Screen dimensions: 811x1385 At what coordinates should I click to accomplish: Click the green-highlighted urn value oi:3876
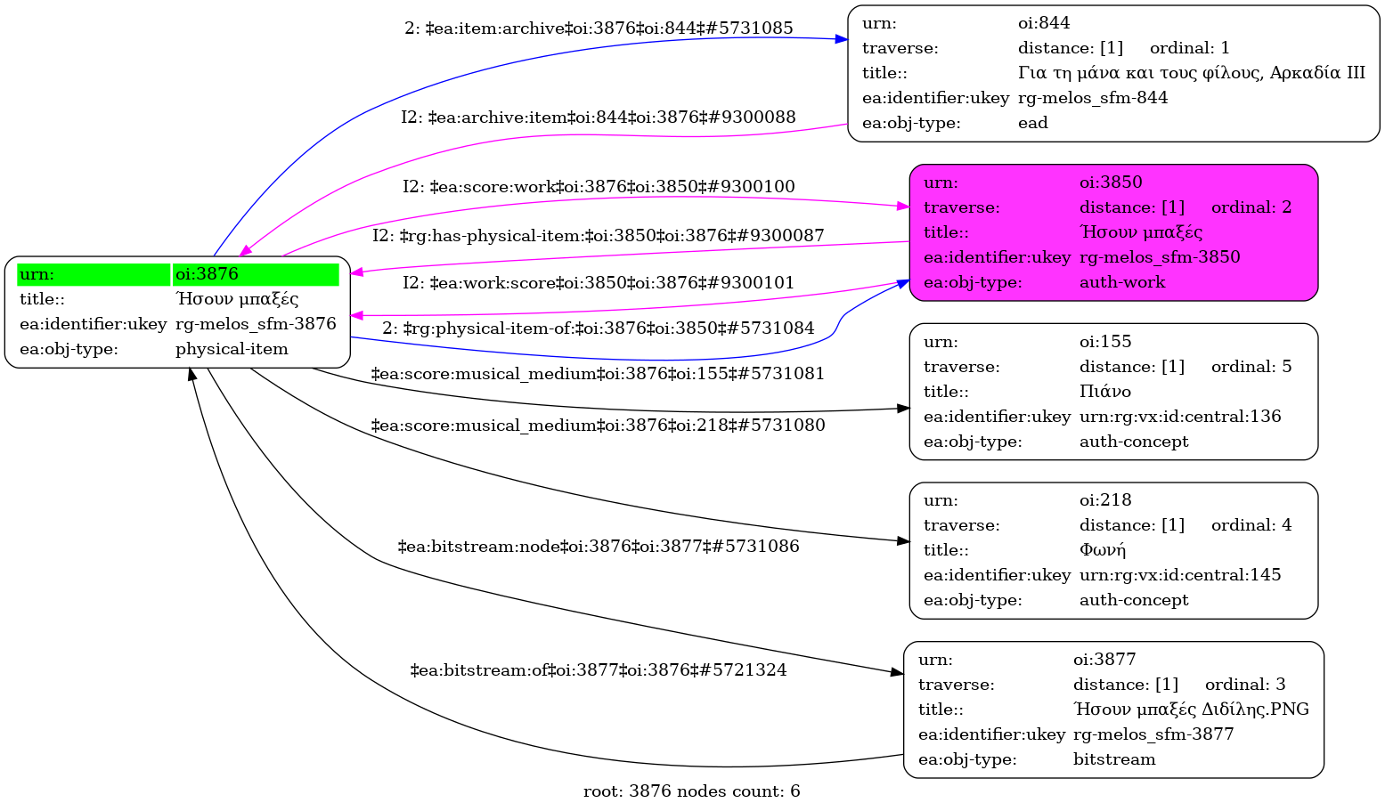tap(207, 274)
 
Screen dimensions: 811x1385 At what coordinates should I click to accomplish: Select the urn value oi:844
tap(1044, 23)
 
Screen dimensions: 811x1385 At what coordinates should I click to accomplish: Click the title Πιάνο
tap(1105, 392)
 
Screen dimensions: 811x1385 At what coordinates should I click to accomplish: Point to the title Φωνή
tap(1103, 550)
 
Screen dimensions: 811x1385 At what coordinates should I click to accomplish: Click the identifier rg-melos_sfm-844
tap(1093, 98)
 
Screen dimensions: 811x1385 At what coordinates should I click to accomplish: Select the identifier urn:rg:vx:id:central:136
tap(1180, 417)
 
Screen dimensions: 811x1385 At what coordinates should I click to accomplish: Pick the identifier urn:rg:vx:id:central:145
tap(1180, 575)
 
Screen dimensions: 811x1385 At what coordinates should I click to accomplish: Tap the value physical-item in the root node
tap(232, 349)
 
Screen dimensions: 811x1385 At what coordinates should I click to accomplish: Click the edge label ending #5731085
tap(599, 28)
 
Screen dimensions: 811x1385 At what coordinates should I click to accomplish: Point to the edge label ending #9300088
tap(599, 118)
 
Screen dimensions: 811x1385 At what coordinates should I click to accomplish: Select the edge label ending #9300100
tap(599, 187)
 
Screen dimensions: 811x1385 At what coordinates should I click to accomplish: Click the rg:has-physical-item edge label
tap(599, 236)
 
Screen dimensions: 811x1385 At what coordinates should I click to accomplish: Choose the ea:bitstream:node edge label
tap(599, 547)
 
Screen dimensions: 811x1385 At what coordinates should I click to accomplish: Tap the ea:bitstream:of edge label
tap(599, 670)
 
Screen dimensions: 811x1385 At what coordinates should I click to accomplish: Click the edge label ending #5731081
tap(599, 374)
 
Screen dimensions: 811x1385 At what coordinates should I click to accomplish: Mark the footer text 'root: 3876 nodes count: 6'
tap(692, 791)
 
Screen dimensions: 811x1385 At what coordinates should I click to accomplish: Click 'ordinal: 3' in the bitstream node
tap(1245, 685)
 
